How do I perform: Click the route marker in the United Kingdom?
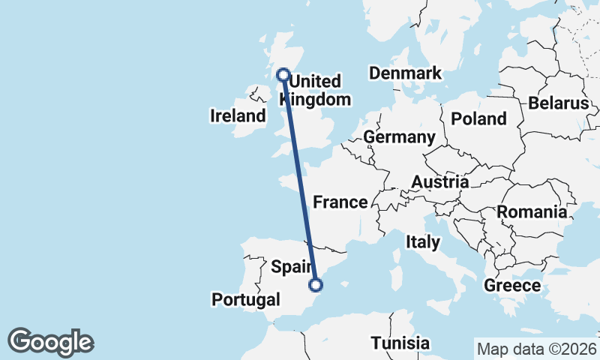[283, 74]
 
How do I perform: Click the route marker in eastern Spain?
[316, 284]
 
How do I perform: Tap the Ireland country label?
[238, 116]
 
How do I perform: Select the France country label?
[340, 202]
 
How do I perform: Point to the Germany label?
[399, 137]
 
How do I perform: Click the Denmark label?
[405, 73]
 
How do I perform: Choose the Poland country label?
[478, 119]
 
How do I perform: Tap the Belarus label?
[559, 103]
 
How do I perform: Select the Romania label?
[532, 212]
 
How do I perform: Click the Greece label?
[512, 286]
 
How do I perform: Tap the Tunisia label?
[400, 343]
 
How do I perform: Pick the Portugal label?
[245, 300]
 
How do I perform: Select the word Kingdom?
[319, 100]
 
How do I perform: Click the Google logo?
[50, 342]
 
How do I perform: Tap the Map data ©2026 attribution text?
[536, 349]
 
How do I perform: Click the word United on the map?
[315, 81]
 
